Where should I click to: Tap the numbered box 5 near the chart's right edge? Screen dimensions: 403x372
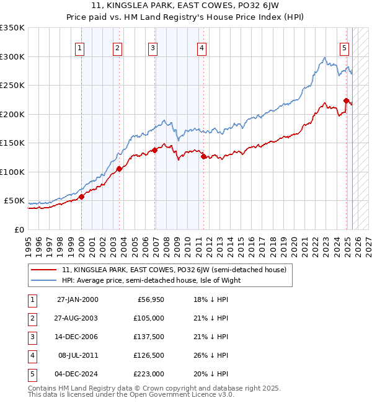tap(344, 47)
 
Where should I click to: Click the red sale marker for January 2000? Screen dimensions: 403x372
tap(81, 197)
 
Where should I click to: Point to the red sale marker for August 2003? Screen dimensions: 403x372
tap(119, 169)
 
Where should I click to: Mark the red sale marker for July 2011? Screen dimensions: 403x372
tap(203, 156)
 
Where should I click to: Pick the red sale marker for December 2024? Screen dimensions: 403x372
tap(346, 100)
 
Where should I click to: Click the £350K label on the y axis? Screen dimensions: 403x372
tap(12, 28)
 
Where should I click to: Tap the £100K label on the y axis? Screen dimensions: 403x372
tap(12, 172)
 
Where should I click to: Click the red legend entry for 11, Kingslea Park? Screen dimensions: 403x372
tap(174, 270)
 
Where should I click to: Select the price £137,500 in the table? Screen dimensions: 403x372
tap(149, 337)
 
